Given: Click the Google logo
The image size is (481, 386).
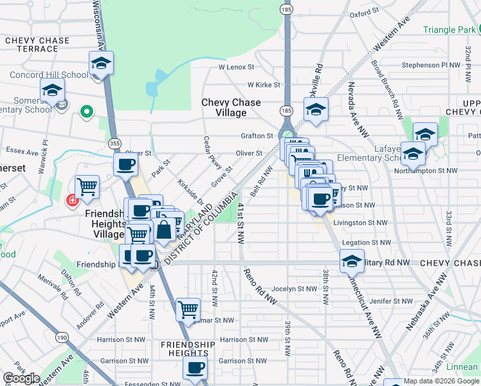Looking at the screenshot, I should pyautogui.click(x=21, y=378).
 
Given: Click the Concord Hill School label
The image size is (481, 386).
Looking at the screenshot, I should pyautogui.click(x=49, y=75).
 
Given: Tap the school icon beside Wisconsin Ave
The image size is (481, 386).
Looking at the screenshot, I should pyautogui.click(x=101, y=64).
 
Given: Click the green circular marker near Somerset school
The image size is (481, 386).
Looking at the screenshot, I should pyautogui.click(x=86, y=113).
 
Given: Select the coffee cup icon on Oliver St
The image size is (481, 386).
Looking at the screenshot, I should pyautogui.click(x=125, y=165).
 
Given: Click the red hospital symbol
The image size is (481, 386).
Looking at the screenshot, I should pyautogui.click(x=73, y=201).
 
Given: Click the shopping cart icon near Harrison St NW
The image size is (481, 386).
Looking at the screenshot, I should pyautogui.click(x=188, y=310).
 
